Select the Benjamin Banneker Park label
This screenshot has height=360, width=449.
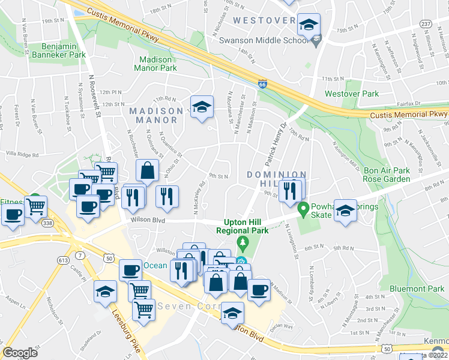pos(64,50)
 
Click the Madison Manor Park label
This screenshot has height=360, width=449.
pos(158,64)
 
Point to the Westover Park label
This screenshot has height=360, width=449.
pos(352,94)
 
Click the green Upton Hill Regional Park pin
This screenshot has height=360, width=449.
pos(243,242)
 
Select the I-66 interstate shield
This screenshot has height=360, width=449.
pos(263,85)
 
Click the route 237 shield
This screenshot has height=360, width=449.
pos(426,23)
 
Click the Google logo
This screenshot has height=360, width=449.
pos(20,353)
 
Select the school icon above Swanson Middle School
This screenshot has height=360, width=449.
pos(309,25)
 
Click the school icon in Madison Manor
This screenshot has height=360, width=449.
pos(202,107)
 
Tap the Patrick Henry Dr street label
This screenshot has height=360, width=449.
pos(275,146)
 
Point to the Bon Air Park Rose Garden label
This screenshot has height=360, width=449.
pos(387,175)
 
